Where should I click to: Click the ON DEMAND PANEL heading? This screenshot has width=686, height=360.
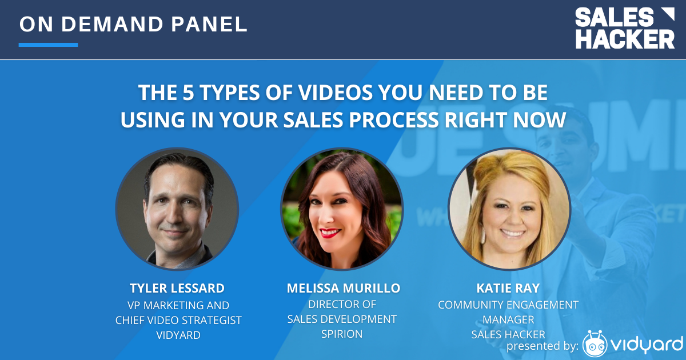pyautogui.click(x=133, y=24)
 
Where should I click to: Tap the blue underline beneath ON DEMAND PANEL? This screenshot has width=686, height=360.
pyautogui.click(x=48, y=45)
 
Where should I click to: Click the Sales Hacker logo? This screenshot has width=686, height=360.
pyautogui.click(x=625, y=28)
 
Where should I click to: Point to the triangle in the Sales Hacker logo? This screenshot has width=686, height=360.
pyautogui.click(x=668, y=14)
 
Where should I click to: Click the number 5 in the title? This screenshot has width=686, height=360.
pyautogui.click(x=188, y=93)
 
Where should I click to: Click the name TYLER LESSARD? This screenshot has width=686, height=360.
pyautogui.click(x=177, y=289)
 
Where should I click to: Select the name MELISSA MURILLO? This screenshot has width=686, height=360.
pyautogui.click(x=344, y=288)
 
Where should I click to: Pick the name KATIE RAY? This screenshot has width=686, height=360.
pyautogui.click(x=508, y=288)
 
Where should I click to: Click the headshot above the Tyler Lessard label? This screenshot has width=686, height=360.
pyautogui.click(x=177, y=209)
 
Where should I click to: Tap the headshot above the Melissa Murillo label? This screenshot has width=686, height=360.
pyautogui.click(x=342, y=209)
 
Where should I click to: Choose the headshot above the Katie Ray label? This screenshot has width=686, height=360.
pyautogui.click(x=509, y=209)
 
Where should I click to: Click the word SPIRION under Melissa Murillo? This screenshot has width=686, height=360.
pyautogui.click(x=342, y=334)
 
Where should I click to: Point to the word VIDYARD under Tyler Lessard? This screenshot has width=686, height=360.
pyautogui.click(x=178, y=335)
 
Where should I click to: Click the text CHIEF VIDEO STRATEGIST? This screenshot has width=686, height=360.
pyautogui.click(x=178, y=321)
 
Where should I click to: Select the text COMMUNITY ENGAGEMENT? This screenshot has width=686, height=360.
pyautogui.click(x=508, y=305)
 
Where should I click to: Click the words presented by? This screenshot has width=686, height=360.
pyautogui.click(x=543, y=346)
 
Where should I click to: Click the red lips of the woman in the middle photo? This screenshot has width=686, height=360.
pyautogui.click(x=330, y=233)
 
